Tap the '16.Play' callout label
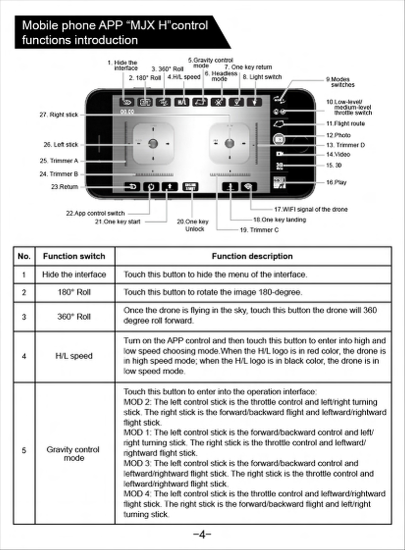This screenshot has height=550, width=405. (x=336, y=182)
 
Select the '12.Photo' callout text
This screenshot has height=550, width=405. (x=338, y=135)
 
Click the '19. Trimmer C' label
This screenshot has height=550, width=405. (x=259, y=230)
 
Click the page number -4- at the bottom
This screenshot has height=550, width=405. (x=202, y=535)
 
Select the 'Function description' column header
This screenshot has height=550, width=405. (x=252, y=256)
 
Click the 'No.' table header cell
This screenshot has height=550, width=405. (x=24, y=256)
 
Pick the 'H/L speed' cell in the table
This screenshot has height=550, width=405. (x=74, y=356)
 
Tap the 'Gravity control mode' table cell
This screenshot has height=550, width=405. (x=73, y=453)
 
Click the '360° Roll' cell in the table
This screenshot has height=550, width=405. (x=74, y=317)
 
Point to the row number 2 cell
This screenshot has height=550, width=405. (x=24, y=293)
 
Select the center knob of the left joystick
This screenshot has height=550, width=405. (x=153, y=144)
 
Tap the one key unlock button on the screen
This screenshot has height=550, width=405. (x=190, y=187)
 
